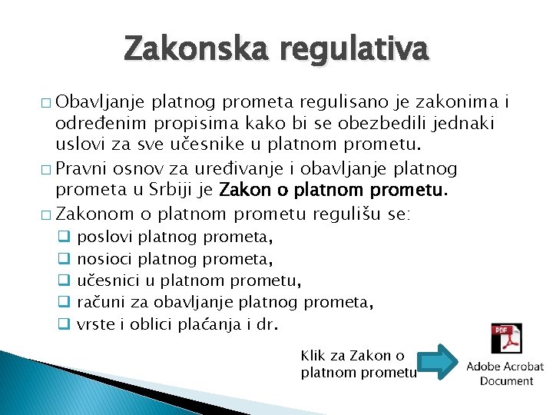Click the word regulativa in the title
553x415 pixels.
pyautogui.click(x=354, y=50)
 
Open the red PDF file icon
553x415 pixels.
pyautogui.click(x=506, y=339)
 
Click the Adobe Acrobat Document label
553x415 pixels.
pyautogui.click(x=505, y=373)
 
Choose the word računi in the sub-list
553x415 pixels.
pyautogui.click(x=103, y=303)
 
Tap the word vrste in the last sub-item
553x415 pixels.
pyautogui.click(x=97, y=324)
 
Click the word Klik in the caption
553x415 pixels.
pyautogui.click(x=313, y=355)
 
